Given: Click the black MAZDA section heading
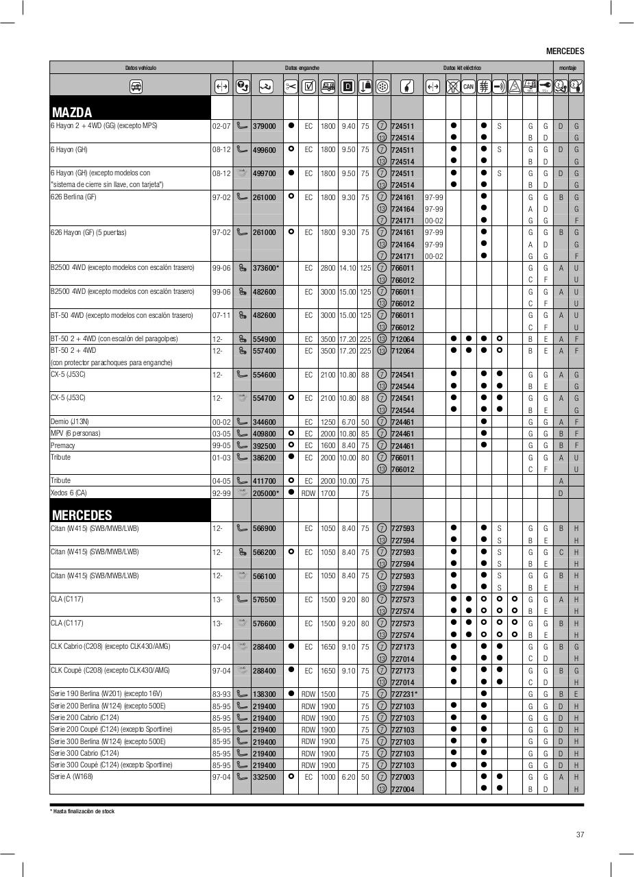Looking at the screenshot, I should click(72, 112).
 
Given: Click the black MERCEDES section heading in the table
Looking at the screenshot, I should click(82, 515).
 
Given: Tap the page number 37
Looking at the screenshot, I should click(580, 835).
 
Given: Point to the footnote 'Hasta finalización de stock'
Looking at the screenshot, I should click(83, 811).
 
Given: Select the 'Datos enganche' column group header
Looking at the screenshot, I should click(302, 68).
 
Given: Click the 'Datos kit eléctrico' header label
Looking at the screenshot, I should click(462, 68).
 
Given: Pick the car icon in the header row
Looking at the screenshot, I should click(136, 86).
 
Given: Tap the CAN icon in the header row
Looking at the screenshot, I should click(468, 86).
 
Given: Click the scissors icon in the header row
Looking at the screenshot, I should click(291, 86).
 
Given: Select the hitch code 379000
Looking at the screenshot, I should click(264, 126).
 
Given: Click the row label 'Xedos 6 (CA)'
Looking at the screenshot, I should click(69, 493).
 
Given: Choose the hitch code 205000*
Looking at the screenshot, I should click(266, 493).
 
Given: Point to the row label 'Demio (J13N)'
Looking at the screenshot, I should click(70, 421).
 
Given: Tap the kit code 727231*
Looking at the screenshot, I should click(404, 694).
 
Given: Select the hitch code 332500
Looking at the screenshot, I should click(264, 777).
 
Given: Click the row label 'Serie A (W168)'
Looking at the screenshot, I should click(72, 776).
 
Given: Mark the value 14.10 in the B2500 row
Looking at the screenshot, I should click(348, 268).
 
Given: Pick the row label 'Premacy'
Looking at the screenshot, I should click(63, 445).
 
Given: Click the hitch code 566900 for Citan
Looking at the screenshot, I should click(264, 528).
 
